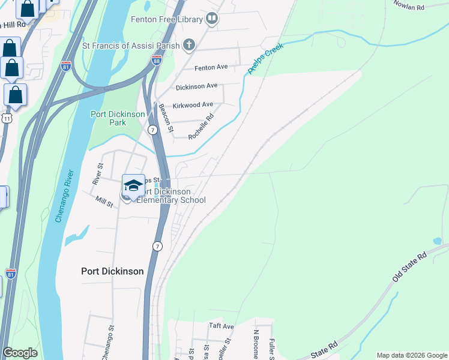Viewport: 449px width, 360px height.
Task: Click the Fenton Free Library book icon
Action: coord(211,19)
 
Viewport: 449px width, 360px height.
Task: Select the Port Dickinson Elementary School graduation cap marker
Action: coord(133,185)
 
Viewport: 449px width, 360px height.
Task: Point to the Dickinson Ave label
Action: coord(196,86)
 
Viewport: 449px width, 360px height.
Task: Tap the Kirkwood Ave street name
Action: coord(193,104)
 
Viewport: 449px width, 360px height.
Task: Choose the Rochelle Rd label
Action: coord(201,127)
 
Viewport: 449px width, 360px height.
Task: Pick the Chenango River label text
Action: coord(65,196)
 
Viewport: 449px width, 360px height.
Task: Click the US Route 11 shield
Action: coord(6,118)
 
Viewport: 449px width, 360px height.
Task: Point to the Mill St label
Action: coord(104,201)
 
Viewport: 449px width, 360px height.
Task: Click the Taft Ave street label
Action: coord(221,326)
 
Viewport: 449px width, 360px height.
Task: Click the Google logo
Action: coord(20,353)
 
